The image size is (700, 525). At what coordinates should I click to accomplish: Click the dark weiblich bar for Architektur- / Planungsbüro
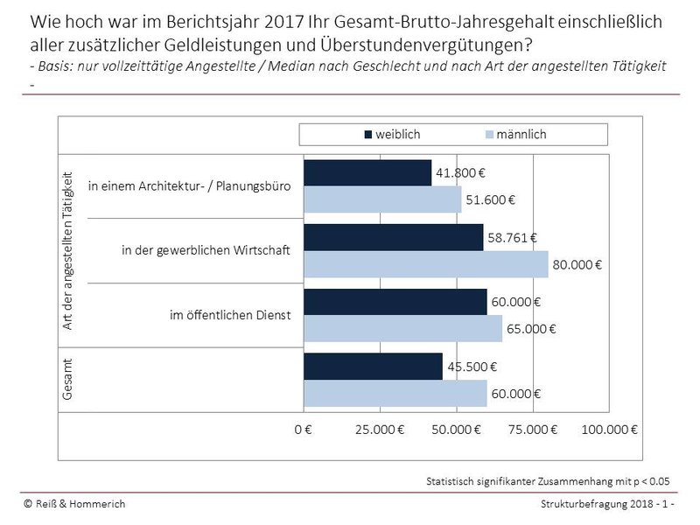(367, 172)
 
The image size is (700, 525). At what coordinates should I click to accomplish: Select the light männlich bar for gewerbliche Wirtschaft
(425, 264)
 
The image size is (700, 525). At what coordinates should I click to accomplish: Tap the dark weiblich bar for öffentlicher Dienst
(395, 302)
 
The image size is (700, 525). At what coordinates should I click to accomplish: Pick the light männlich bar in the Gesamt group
(395, 394)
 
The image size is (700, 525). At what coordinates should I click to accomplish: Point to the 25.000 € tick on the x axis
(380, 430)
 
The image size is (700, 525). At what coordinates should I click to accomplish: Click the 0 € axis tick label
(304, 430)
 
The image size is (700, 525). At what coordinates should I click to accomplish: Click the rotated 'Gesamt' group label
(70, 380)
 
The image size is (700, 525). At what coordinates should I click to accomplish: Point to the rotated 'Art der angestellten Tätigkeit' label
(70, 250)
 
